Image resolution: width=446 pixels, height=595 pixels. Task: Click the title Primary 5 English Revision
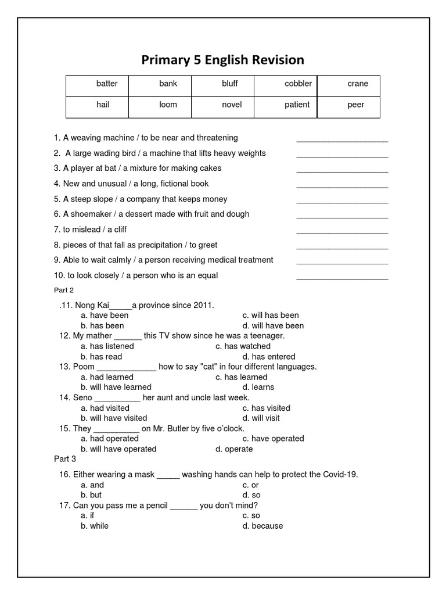(223, 60)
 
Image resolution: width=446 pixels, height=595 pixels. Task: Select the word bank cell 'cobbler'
(298, 84)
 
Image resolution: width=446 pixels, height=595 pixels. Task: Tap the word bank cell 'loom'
(168, 105)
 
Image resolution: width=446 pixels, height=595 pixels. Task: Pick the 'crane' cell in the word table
(358, 84)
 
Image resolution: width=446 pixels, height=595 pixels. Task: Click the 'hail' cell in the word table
(103, 105)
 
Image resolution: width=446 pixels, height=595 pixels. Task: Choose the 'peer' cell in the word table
(355, 105)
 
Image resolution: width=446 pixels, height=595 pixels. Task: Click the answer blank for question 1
(342, 139)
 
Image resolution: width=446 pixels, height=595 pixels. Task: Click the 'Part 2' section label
(64, 290)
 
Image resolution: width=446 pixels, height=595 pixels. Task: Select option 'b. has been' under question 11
(102, 326)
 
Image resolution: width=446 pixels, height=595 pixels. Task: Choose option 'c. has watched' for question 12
(243, 346)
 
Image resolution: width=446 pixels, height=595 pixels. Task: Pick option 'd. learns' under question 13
(258, 387)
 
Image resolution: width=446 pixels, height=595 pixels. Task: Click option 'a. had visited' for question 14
(105, 408)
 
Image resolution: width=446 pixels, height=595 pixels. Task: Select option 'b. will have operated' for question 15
(118, 449)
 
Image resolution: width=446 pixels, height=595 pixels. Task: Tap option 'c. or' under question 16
(251, 485)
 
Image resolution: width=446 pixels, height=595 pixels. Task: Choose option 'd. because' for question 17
(262, 526)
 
